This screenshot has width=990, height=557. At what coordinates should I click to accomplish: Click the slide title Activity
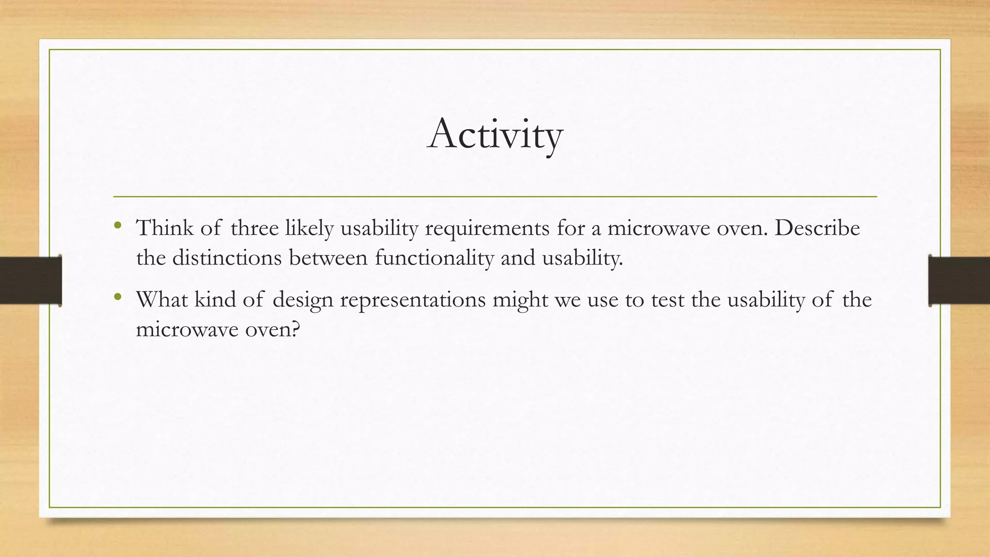pyautogui.click(x=495, y=134)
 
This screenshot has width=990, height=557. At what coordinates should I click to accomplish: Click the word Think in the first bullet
pyautogui.click(x=164, y=228)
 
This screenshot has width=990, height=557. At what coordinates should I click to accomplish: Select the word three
pyautogui.click(x=254, y=228)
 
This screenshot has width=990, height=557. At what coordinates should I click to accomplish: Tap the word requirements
pyautogui.click(x=487, y=229)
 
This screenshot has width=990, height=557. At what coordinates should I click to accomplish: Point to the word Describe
pyautogui.click(x=817, y=228)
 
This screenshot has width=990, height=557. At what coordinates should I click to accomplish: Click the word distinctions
pyautogui.click(x=227, y=257)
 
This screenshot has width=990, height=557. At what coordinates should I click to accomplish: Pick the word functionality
pyautogui.click(x=434, y=258)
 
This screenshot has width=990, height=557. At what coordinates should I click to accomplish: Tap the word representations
pyautogui.click(x=413, y=300)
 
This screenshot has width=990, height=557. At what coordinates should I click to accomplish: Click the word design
pyautogui.click(x=303, y=300)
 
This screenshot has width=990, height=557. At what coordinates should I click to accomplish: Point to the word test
pyautogui.click(x=668, y=299)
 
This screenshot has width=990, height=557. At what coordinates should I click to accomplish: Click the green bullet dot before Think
pyautogui.click(x=117, y=225)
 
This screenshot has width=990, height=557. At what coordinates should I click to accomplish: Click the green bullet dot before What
pyautogui.click(x=117, y=297)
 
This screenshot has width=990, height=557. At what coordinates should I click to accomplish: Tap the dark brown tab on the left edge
pyautogui.click(x=30, y=280)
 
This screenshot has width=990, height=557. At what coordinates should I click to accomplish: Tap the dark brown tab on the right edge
pyautogui.click(x=959, y=280)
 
